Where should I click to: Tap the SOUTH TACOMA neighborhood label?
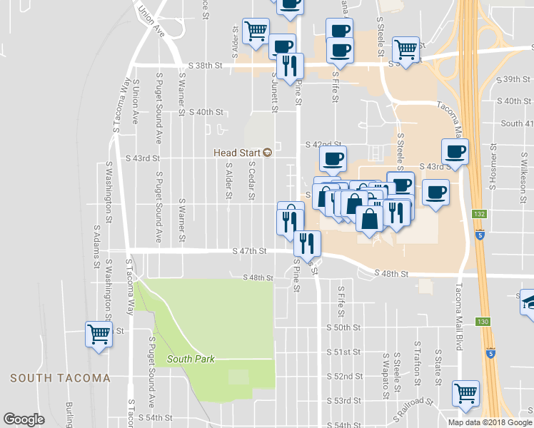point(60,378)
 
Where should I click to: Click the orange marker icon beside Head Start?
point(267,152)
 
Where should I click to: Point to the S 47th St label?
point(249,251)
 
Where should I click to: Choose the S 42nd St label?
point(321,144)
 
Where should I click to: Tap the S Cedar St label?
point(251,180)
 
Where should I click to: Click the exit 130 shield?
point(484,322)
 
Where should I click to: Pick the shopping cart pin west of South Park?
point(99,333)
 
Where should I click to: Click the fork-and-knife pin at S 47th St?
point(308,243)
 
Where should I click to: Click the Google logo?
point(24,419)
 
